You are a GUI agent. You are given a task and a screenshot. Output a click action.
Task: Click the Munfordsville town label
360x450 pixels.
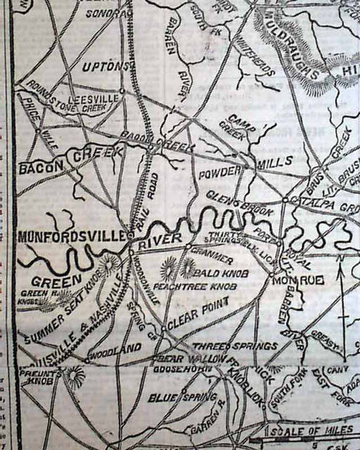click(72, 237)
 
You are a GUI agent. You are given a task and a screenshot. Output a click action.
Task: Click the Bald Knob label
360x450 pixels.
click(213, 273)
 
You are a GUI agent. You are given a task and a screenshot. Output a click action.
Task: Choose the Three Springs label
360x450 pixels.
click(235, 345)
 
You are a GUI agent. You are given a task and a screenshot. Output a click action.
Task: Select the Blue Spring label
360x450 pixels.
click(183, 397)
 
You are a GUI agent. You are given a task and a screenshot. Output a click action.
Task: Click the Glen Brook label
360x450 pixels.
click(239, 203)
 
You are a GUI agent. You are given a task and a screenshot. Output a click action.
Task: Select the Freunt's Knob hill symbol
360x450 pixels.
click(74, 375)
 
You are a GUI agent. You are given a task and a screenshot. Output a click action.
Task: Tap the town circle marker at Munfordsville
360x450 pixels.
click(130, 235)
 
